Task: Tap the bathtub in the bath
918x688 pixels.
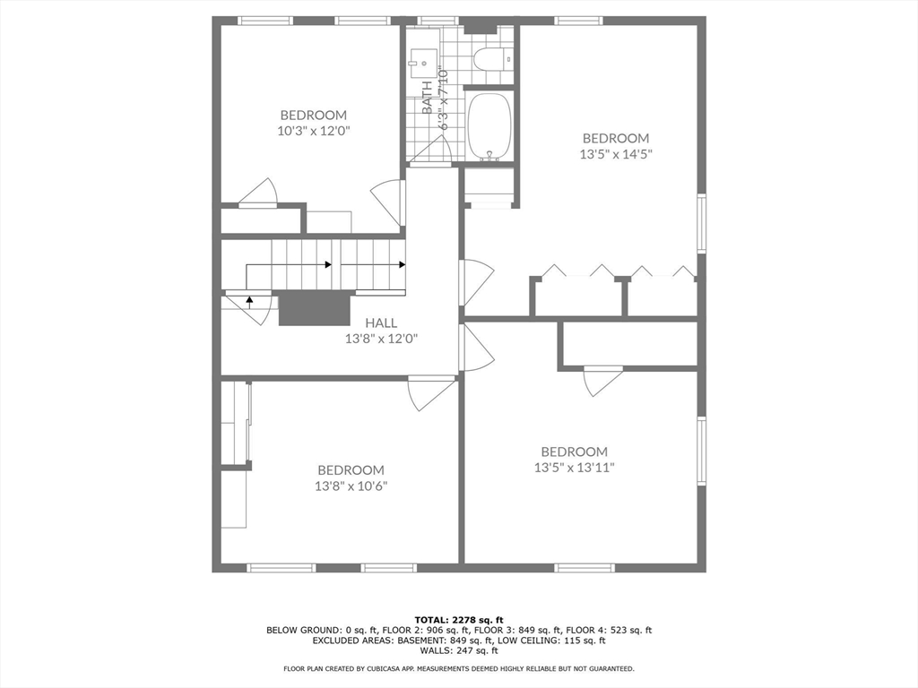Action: (x=489, y=126)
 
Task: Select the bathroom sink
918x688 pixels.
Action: (x=420, y=63)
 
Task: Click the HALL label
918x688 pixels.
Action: (x=381, y=323)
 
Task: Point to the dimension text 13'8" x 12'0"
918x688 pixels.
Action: (x=381, y=339)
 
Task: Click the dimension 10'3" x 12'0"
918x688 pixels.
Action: (x=313, y=130)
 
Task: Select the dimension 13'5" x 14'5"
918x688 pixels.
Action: (x=615, y=153)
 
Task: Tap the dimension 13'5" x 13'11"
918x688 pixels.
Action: (x=574, y=467)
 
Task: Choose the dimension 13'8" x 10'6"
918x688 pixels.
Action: (x=351, y=486)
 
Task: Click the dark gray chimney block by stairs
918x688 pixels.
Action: (x=314, y=309)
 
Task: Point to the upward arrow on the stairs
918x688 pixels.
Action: (x=248, y=300)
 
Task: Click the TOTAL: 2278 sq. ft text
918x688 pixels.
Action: (x=459, y=620)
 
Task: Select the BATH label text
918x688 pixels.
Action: (x=428, y=98)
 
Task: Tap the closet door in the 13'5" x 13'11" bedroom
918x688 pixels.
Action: (x=602, y=379)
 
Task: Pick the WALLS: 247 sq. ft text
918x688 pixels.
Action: (x=459, y=650)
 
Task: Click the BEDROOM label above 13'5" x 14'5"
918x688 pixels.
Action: (x=615, y=138)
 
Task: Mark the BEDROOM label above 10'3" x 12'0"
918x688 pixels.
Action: (x=313, y=115)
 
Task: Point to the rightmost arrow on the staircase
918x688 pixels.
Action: (x=403, y=264)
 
